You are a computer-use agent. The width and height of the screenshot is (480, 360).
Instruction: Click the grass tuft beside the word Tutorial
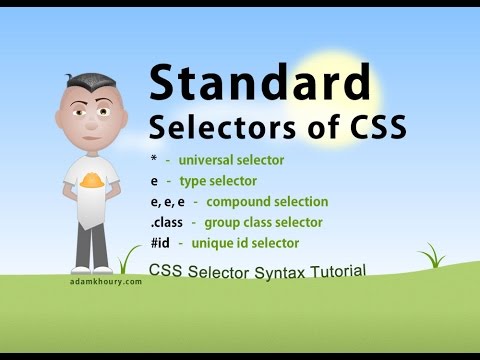click(433, 258)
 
